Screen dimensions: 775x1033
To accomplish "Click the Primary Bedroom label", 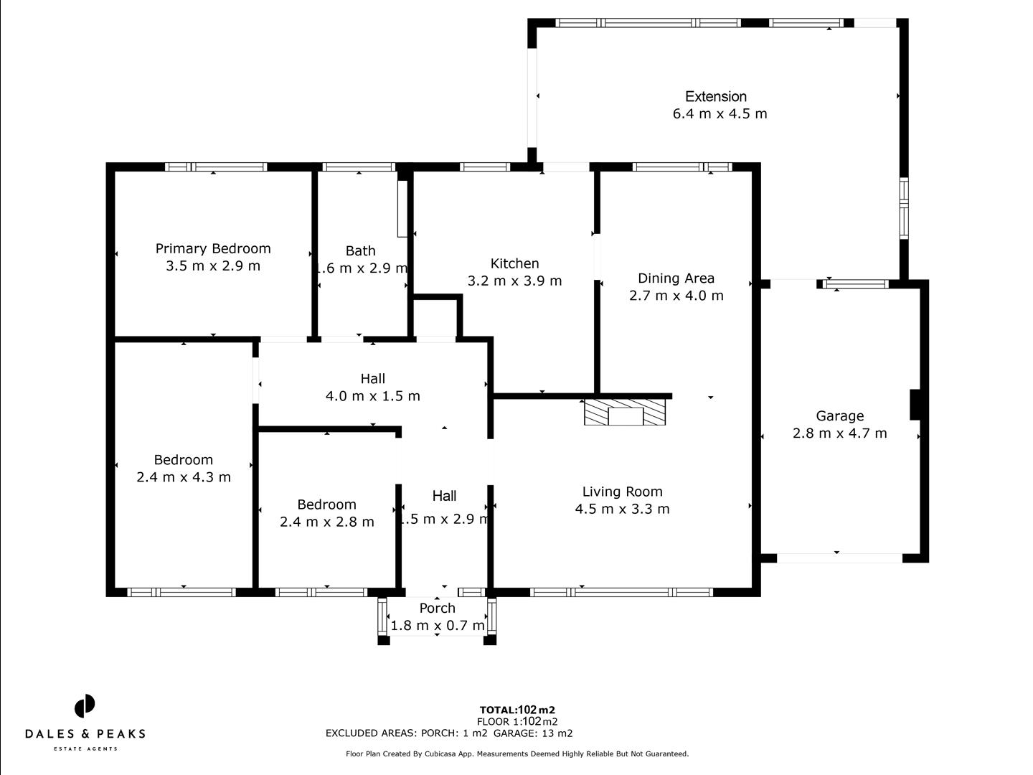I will point(213,249).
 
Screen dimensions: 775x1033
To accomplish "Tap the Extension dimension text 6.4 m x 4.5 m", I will point(720,114).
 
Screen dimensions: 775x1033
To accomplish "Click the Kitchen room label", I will point(514,264).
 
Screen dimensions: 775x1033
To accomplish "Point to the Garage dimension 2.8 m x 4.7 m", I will point(839,433).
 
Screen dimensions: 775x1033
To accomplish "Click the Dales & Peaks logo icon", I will point(85,706).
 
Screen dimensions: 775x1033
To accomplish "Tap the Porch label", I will point(437,609).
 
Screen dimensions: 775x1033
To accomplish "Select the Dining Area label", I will point(676,278).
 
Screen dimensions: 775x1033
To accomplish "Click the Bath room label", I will point(360,251).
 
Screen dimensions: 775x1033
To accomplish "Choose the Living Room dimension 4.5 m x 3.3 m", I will point(622,509).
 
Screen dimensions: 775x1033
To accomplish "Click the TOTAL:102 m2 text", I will point(517,710).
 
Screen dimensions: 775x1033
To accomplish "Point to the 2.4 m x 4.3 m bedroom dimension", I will point(184,477).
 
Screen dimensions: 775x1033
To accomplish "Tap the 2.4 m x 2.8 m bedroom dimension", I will point(326,522).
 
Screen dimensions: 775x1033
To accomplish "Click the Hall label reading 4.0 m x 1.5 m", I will point(372,396).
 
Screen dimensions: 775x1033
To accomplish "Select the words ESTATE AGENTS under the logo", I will point(85,749).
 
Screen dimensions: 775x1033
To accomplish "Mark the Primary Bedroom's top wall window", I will point(216,167).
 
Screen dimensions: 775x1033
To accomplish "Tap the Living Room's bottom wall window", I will point(621,593).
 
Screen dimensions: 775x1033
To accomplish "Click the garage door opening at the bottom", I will point(839,558).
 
